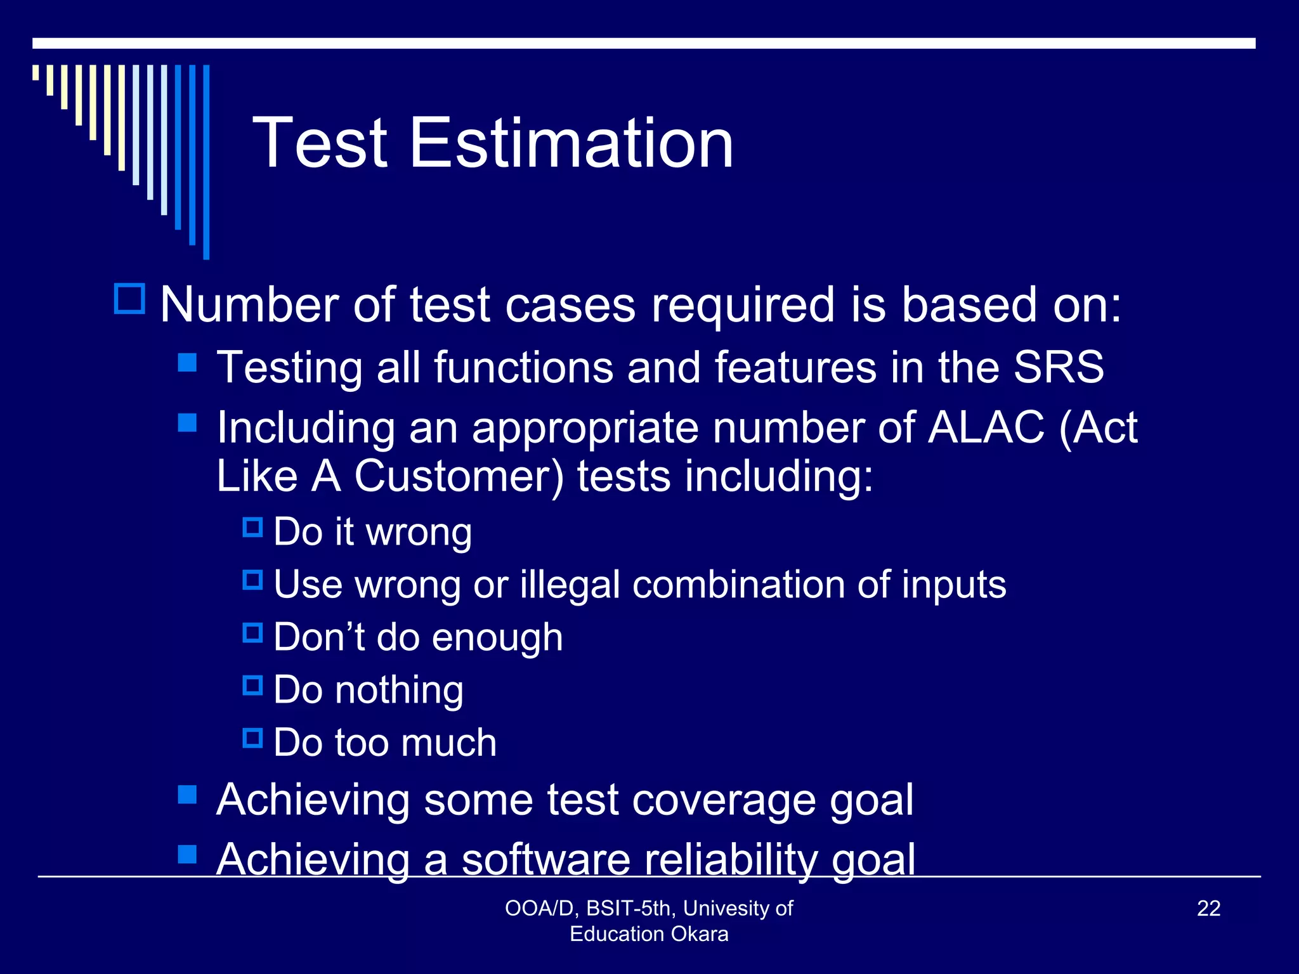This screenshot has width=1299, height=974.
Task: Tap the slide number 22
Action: click(x=1208, y=908)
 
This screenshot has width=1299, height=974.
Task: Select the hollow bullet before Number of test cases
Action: click(x=130, y=299)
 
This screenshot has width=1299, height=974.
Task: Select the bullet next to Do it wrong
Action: click(x=252, y=527)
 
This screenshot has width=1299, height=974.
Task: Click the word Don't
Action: click(x=319, y=637)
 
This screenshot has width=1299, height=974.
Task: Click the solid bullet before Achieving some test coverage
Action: click(x=187, y=795)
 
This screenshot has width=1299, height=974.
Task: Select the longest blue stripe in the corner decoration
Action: click(x=206, y=162)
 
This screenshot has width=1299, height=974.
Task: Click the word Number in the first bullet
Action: click(x=249, y=304)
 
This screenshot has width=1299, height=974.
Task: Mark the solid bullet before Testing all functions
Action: click(x=187, y=363)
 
